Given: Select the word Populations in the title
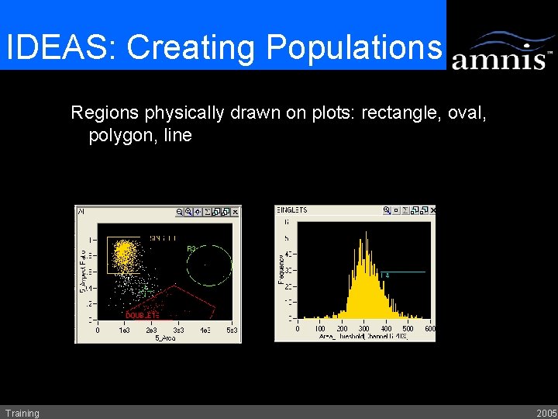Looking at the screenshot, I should [353, 48].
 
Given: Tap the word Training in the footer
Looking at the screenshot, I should [22, 413].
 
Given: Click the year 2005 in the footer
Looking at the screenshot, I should [546, 413].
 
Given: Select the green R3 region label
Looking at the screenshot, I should [191, 248].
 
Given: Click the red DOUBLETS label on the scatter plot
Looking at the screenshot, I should [142, 315].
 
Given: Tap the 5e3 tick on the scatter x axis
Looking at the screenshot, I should [232, 330].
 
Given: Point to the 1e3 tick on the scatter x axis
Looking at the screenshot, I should [124, 330].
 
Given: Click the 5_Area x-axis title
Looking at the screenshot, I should [164, 338].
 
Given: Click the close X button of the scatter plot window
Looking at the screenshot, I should [236, 210].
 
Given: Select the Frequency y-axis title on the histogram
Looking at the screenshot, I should [280, 268].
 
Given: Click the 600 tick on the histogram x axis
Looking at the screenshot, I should [430, 329].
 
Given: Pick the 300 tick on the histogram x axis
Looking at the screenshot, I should [364, 329].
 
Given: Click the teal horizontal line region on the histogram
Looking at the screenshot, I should [403, 272].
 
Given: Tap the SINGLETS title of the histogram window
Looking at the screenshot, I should [292, 209].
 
